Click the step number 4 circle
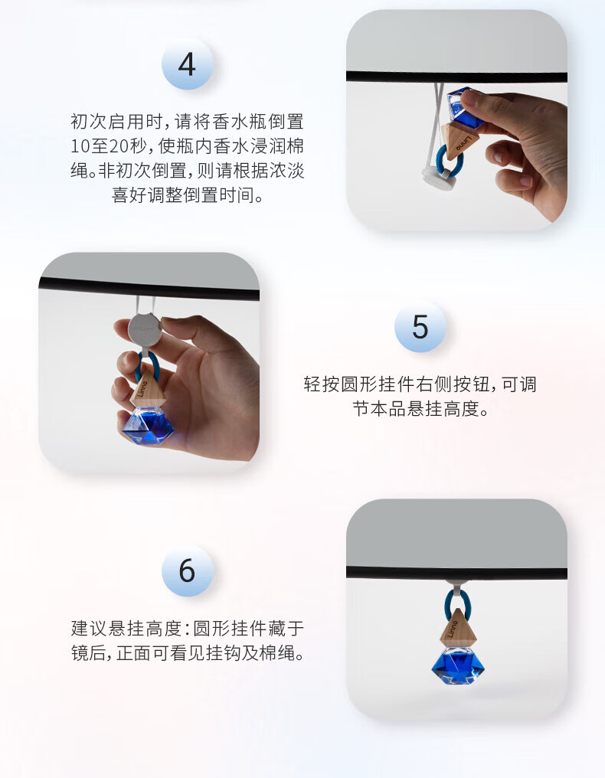coord(187,64)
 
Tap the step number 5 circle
coord(420,326)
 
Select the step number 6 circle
coord(187,570)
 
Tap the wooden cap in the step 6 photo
coord(458,628)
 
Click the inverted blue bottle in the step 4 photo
coord(464,108)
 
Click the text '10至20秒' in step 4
coord(108,145)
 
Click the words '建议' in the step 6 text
coord(88,628)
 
